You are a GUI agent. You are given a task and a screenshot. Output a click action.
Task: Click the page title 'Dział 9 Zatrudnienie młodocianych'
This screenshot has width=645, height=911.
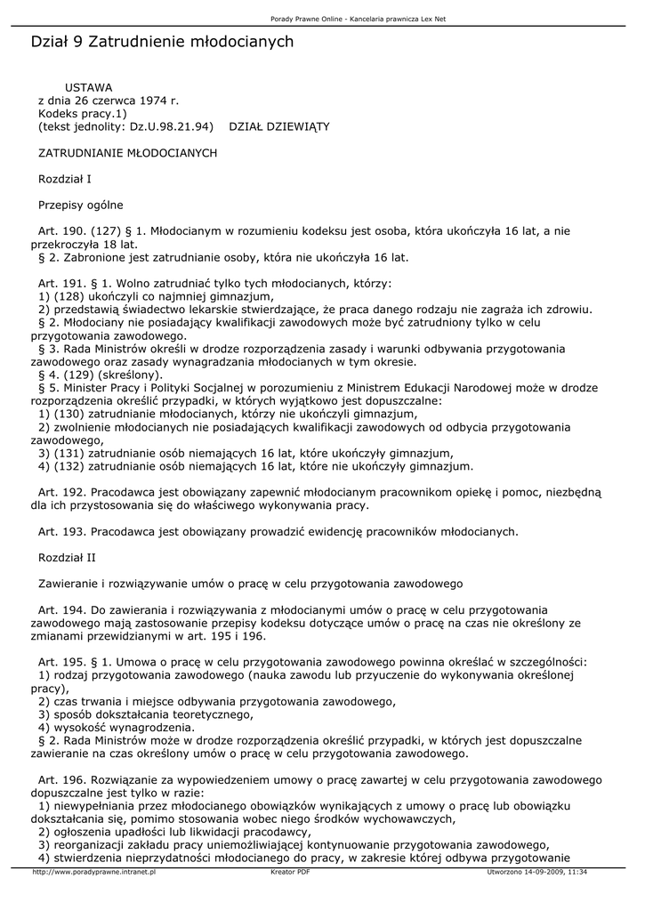click(162, 42)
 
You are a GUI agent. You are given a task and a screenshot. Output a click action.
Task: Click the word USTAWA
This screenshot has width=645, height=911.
click(89, 88)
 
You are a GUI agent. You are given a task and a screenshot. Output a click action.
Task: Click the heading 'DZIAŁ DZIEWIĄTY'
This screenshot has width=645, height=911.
click(279, 127)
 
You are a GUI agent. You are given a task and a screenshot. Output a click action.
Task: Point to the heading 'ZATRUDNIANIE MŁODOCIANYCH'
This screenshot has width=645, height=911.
click(127, 153)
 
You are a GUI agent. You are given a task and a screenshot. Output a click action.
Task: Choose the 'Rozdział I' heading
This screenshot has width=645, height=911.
click(64, 179)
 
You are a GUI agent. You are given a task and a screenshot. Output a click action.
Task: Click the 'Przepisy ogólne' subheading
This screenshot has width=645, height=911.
click(80, 206)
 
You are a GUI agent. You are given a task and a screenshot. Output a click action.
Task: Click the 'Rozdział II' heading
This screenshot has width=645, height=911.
click(66, 558)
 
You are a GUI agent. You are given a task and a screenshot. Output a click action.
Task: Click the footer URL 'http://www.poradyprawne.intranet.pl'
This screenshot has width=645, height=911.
click(93, 873)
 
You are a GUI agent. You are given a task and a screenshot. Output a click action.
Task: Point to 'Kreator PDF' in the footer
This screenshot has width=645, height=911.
click(290, 873)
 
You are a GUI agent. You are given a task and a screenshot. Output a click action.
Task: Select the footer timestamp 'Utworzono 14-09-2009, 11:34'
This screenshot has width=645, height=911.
click(537, 873)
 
